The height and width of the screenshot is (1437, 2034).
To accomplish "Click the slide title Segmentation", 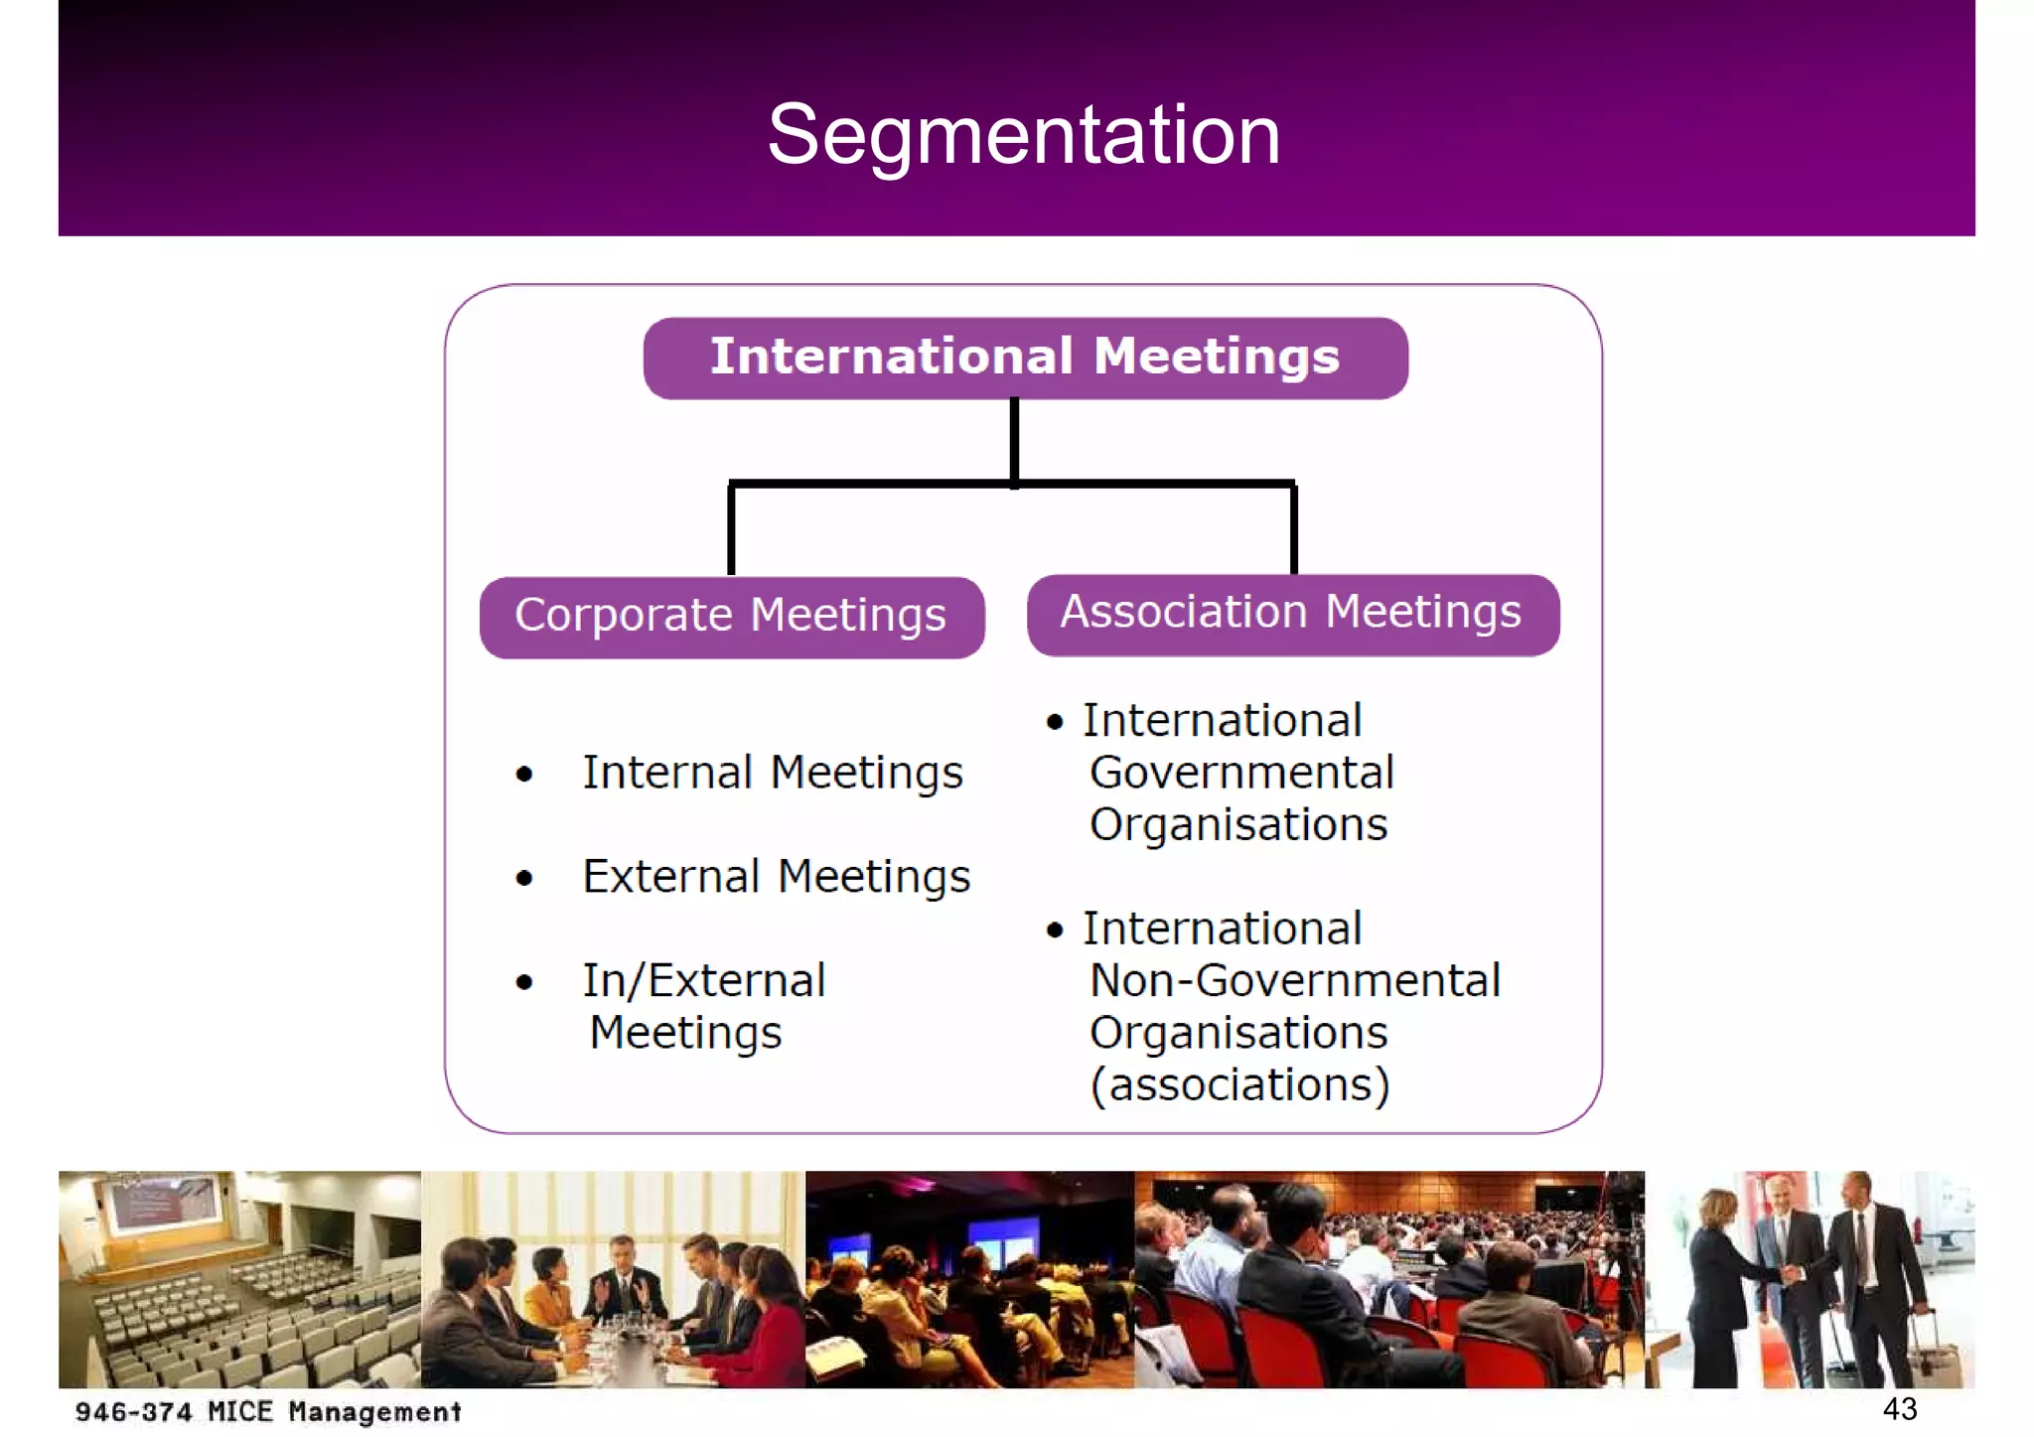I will coord(1023,135).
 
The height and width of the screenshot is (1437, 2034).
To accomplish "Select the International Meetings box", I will coord(1025,358).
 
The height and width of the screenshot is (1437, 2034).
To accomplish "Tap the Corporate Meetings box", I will coord(731,616).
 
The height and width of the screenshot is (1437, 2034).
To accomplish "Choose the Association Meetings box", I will coord(1291,614).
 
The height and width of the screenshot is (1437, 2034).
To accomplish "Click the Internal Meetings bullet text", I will coord(772,774).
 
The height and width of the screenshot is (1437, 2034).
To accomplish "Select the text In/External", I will coord(703,981).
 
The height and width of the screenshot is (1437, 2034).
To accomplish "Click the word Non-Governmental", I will coord(1294,981).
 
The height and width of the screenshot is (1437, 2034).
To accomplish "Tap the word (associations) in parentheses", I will coord(1239,1085).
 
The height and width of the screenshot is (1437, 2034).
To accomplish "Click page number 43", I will coord(1899,1409).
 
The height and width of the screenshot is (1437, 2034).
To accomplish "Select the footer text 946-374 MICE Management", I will coord(268,1412).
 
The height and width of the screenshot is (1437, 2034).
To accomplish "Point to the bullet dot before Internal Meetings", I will coord(524,775).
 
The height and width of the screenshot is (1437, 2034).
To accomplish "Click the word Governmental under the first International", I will coord(1241,774).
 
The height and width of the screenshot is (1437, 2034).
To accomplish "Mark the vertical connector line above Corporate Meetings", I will coord(732,528).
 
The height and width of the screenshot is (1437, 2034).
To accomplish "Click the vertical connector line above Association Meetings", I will coord(1294,528).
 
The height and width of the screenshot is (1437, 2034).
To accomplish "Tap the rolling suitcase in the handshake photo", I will coord(1932,1356).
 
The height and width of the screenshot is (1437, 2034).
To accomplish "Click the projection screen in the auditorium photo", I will coord(164,1204).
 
